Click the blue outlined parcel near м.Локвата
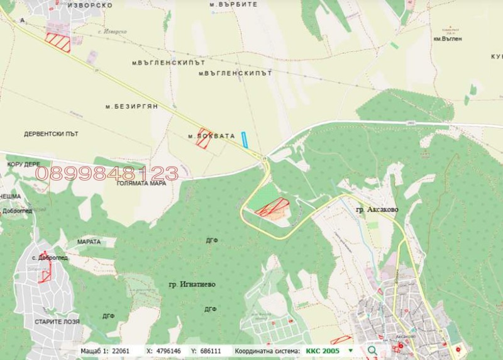pyautogui.click(x=245, y=140)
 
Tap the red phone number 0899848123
pyautogui.click(x=106, y=173)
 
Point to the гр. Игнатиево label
pyautogui.click(x=192, y=284)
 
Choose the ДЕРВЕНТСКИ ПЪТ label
pyautogui.click(x=51, y=134)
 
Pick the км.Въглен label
pyautogui.click(x=448, y=38)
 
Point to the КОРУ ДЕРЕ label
pyautogui.click(x=23, y=164)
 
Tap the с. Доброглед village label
pyautogui.click(x=50, y=257)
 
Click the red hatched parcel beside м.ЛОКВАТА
pyautogui.click(x=203, y=138)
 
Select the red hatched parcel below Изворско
pyautogui.click(x=58, y=42)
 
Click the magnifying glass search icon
pyautogui.click(x=372, y=350)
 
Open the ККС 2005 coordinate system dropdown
pyautogui.click(x=350, y=350)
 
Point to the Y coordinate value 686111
pyautogui.click(x=211, y=350)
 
